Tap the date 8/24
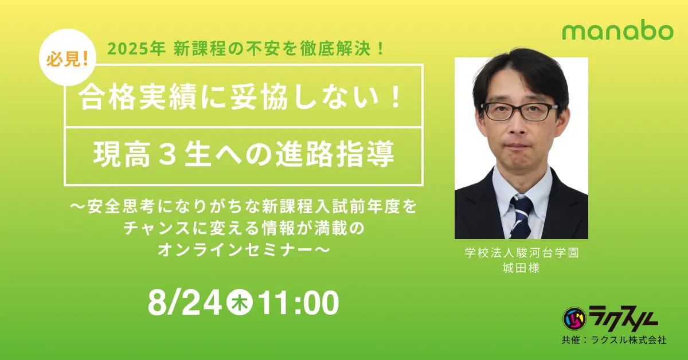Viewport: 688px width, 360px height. pos(184,303)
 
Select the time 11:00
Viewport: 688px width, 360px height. pos(299,303)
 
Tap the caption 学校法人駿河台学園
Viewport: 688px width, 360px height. pos(521,254)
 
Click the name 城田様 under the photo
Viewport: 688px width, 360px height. pos(521,268)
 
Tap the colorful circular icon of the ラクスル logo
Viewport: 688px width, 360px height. pos(573,317)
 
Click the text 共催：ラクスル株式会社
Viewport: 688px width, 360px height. pos(613,341)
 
